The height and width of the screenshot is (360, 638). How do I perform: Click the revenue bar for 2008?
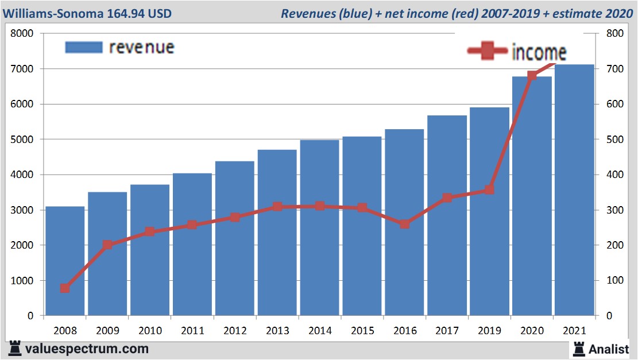click(65, 261)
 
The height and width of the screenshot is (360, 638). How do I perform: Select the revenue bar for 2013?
click(277, 233)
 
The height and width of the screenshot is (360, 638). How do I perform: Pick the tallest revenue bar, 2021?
click(574, 190)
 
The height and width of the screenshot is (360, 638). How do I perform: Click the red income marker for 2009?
click(107, 245)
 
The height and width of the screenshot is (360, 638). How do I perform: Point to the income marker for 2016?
click(404, 224)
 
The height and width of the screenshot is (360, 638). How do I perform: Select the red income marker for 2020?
click(532, 76)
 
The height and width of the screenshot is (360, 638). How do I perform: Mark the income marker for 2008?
click(65, 288)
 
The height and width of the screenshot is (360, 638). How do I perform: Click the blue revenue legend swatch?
click(83, 47)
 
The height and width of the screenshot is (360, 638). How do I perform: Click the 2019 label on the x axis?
click(489, 331)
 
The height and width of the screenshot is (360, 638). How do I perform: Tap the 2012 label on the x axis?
click(235, 331)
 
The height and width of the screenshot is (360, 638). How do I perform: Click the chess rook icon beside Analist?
click(578, 349)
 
